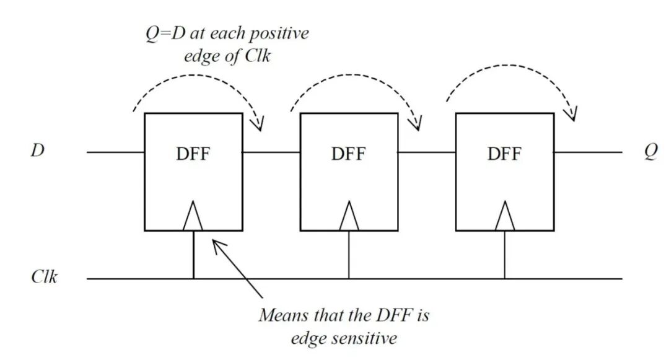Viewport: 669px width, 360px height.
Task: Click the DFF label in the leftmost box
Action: click(193, 153)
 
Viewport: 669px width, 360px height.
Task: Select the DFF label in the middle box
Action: click(349, 153)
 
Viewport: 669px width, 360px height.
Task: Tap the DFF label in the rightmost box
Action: click(505, 153)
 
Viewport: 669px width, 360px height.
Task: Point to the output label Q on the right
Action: click(650, 152)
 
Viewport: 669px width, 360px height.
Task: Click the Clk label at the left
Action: click(45, 277)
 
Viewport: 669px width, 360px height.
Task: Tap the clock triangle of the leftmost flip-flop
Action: click(193, 217)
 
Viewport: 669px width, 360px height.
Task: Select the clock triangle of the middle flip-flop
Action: click(349, 217)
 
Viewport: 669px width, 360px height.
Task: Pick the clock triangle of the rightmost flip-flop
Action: click(505, 217)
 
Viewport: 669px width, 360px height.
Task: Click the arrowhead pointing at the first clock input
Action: click(216, 244)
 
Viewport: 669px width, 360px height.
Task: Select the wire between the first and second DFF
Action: click(271, 152)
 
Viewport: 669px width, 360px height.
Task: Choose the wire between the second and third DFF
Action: click(427, 152)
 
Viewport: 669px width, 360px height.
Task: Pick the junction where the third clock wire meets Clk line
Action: click(505, 279)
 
